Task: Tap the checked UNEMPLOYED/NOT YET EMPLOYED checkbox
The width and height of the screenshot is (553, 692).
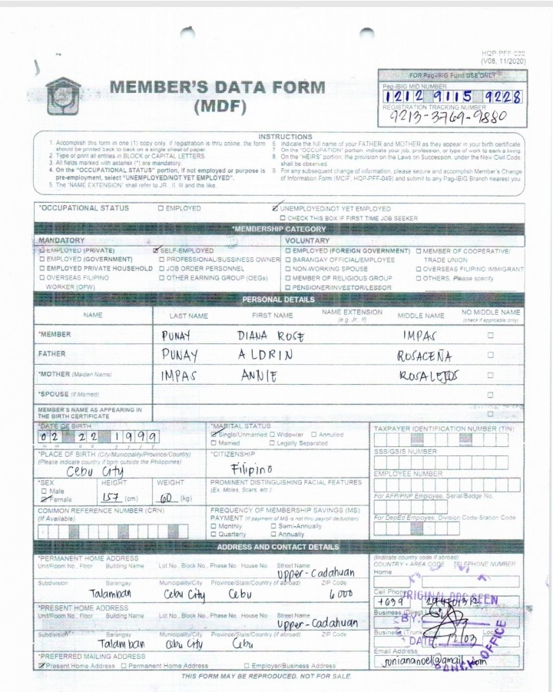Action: point(276,208)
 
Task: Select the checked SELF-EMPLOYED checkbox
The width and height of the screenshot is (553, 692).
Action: point(157,250)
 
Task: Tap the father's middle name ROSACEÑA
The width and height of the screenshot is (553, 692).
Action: point(424,356)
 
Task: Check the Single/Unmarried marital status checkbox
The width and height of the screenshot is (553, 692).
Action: point(214,435)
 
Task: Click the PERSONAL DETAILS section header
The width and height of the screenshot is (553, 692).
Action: point(279,300)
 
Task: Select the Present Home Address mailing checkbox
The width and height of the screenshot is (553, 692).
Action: point(41,666)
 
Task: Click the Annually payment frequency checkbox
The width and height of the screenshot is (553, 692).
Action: point(273,534)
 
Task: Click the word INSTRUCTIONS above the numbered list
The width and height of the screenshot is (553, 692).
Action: point(285,137)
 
